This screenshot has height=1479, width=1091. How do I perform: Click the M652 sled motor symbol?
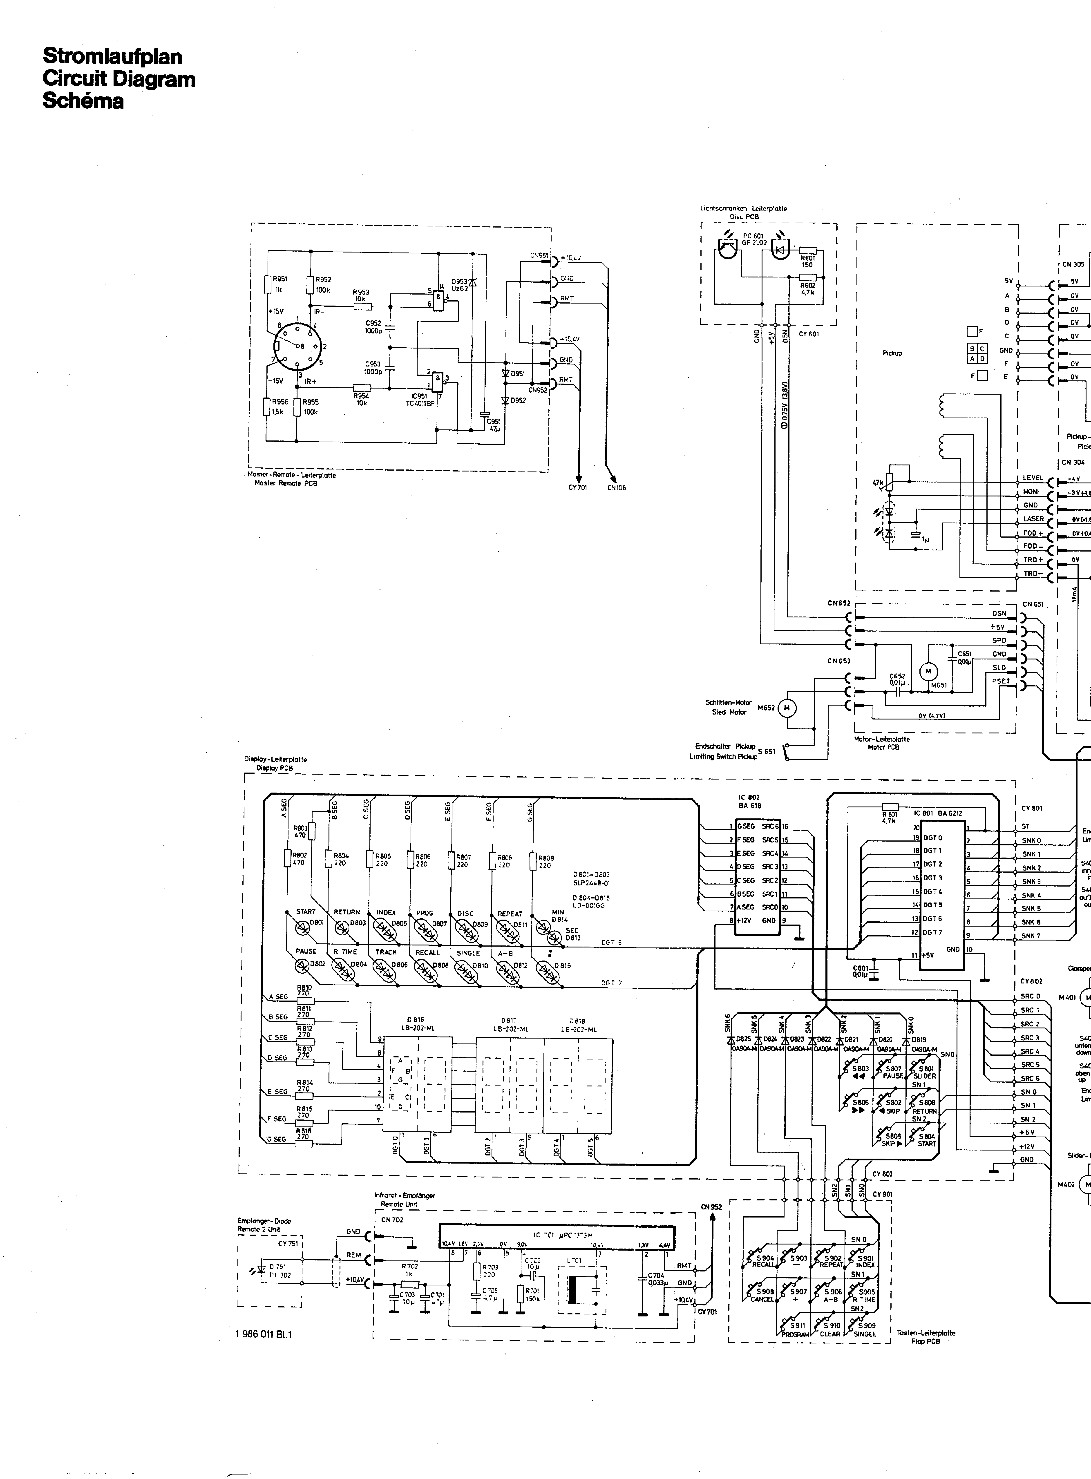[787, 708]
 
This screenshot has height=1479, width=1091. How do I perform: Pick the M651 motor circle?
[928, 672]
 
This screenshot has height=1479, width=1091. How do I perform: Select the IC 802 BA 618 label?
[750, 802]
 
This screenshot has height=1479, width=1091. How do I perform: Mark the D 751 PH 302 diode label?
[279, 1270]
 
